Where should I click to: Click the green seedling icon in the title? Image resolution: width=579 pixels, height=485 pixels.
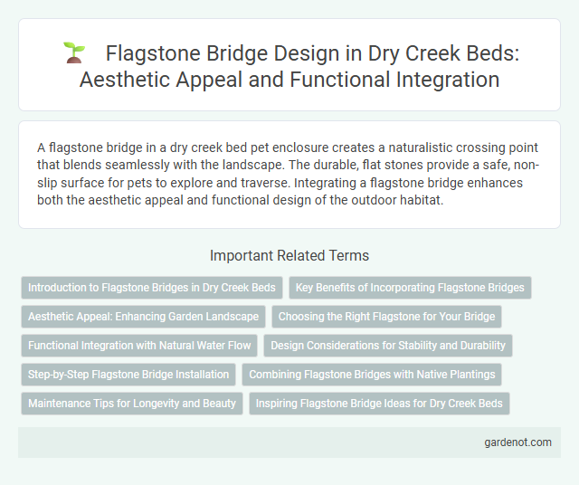[75, 52]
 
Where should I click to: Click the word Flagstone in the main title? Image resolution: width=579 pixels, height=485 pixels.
[148, 53]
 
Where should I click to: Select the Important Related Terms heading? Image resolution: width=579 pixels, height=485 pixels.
[289, 256]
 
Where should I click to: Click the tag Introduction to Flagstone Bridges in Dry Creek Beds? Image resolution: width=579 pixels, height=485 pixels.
[152, 288]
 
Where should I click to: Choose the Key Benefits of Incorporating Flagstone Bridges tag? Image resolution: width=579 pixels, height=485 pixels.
[410, 288]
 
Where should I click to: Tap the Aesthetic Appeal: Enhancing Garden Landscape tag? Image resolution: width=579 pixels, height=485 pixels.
[143, 317]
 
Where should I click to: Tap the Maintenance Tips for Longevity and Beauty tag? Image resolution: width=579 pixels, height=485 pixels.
[132, 404]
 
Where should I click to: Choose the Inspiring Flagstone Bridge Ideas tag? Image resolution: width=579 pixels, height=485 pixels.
[379, 404]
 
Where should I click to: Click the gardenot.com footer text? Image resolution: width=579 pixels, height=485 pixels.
[516, 442]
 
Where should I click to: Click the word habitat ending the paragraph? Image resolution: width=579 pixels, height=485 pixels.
[399, 201]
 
